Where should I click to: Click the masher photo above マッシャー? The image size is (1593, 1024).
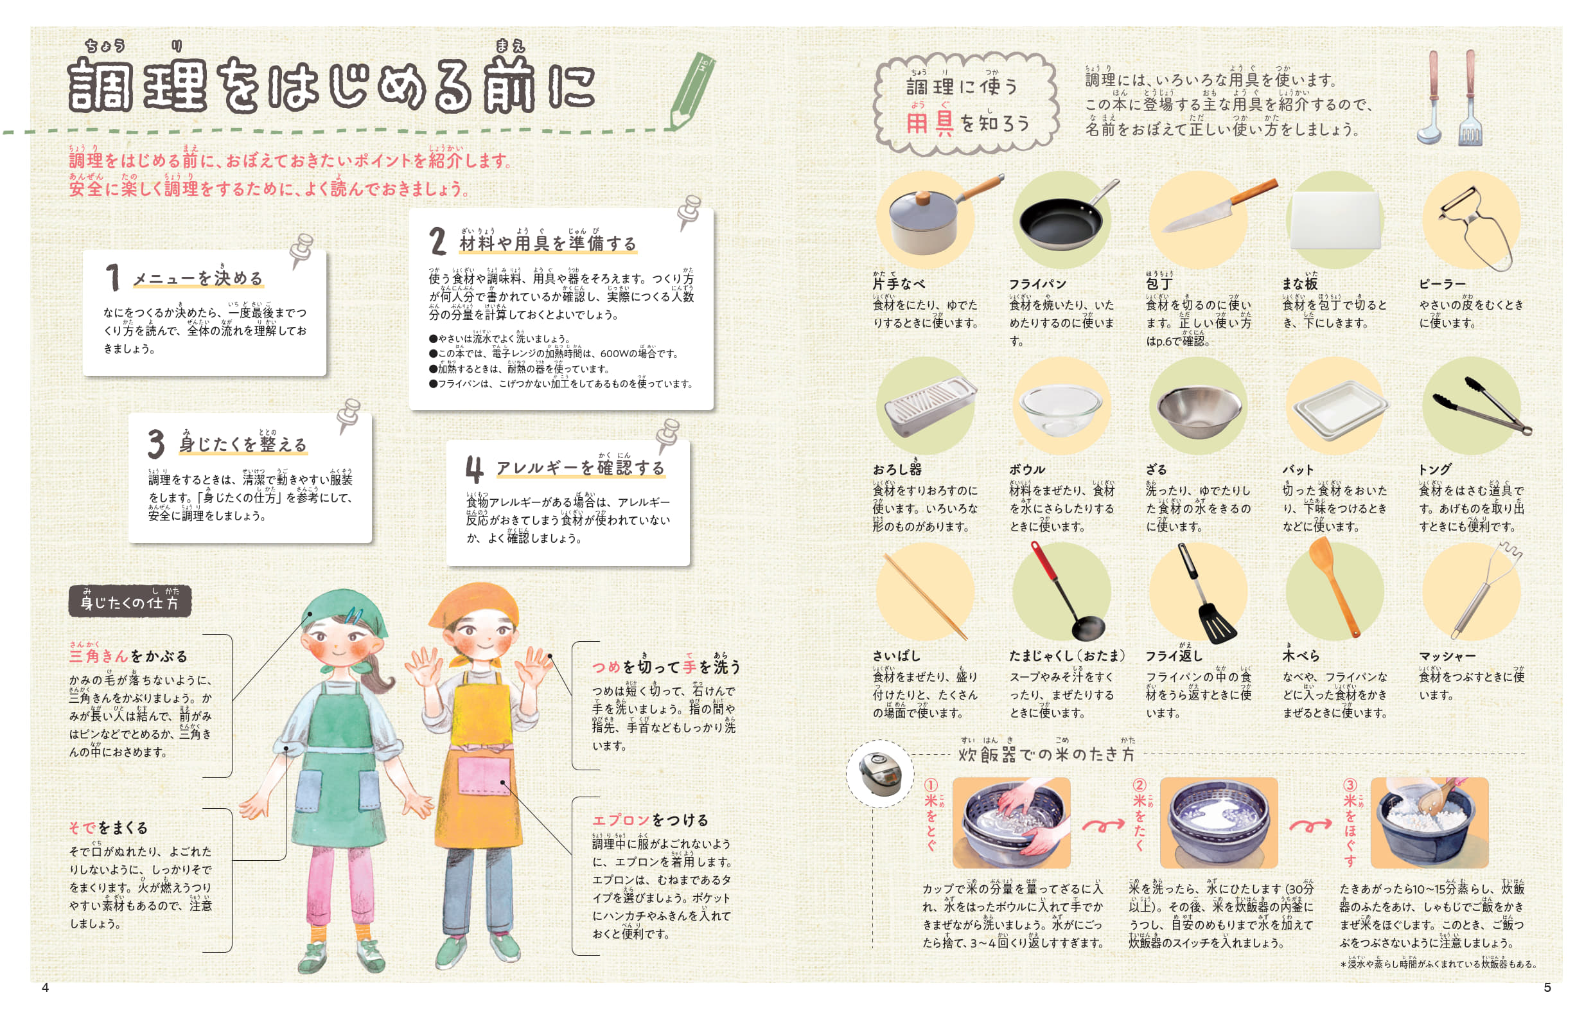pos(1485,589)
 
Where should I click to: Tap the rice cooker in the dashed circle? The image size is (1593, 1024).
pos(879,773)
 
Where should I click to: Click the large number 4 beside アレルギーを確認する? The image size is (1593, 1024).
pos(474,469)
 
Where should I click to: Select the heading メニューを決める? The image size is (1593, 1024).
pos(198,278)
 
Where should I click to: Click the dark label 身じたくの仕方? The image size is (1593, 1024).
pos(130,601)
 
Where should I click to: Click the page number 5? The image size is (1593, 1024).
pos(1547,987)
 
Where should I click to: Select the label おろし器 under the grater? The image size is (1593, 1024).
pos(896,468)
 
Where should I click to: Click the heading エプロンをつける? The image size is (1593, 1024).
pos(649,820)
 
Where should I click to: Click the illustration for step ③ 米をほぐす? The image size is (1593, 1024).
pos(1429,822)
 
